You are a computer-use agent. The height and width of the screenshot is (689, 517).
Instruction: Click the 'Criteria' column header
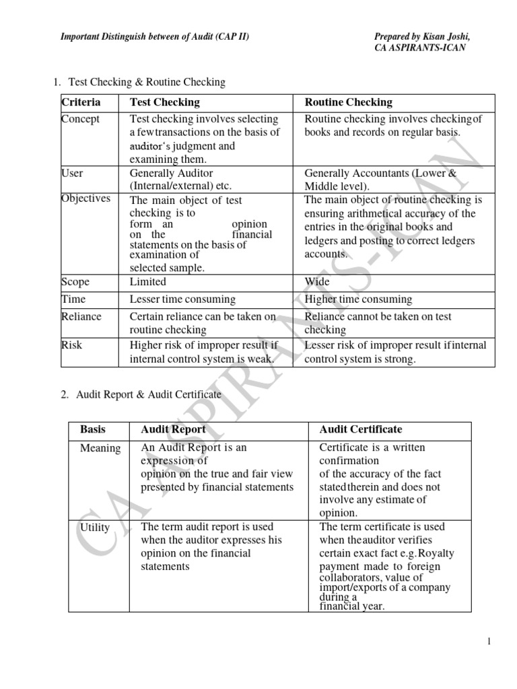[81, 102]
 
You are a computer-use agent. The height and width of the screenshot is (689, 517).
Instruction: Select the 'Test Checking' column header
[164, 102]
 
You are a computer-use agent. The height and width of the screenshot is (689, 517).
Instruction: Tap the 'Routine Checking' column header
[348, 102]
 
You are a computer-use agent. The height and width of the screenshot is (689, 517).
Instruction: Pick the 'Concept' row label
[80, 119]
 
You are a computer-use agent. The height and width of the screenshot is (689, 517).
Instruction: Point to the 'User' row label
[72, 173]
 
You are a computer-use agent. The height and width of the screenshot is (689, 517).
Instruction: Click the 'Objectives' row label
[85, 198]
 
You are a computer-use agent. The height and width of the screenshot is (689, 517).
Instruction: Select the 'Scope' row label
[75, 282]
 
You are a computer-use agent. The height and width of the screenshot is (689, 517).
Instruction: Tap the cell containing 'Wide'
[316, 283]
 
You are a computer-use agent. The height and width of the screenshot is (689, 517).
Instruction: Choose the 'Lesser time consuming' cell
[182, 299]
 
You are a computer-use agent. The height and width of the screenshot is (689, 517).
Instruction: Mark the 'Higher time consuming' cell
[358, 299]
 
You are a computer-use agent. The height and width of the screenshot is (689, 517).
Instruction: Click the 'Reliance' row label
[81, 316]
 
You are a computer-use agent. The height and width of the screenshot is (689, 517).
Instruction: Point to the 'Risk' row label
[71, 345]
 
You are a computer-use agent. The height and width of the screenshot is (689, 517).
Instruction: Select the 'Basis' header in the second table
[93, 429]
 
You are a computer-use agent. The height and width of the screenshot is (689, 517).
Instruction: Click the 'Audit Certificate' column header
[360, 429]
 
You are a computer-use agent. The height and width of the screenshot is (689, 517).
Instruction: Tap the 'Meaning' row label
[100, 448]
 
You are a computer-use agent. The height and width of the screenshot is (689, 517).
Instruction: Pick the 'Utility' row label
[95, 528]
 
